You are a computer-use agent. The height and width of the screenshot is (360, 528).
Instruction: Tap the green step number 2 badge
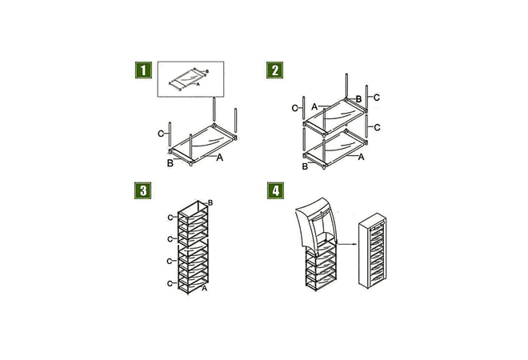pyautogui.click(x=274, y=70)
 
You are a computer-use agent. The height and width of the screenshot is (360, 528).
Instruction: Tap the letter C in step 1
pyautogui.click(x=161, y=133)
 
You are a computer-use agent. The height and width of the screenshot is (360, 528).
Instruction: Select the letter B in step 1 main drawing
pyautogui.click(x=170, y=163)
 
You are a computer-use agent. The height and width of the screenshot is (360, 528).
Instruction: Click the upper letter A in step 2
pyautogui.click(x=315, y=106)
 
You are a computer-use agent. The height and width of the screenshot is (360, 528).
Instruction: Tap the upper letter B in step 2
pyautogui.click(x=358, y=99)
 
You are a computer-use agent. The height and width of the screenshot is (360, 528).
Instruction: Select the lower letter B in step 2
pyautogui.click(x=305, y=166)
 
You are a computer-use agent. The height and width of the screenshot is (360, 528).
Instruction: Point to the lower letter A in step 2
pyautogui.click(x=362, y=158)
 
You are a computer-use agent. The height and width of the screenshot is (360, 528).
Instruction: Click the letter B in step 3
pyautogui.click(x=210, y=204)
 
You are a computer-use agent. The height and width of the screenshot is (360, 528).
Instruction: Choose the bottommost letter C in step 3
pyautogui.click(x=170, y=283)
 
